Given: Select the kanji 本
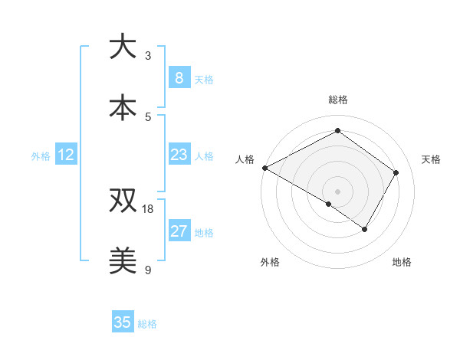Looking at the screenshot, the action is (123, 107).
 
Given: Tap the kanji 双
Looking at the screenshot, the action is (123, 201).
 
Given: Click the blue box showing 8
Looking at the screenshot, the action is (179, 78).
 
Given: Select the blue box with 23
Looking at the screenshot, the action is (179, 155).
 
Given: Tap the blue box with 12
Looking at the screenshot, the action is (66, 155).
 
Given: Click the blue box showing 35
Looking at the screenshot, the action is (123, 322).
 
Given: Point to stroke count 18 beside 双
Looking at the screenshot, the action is (148, 208).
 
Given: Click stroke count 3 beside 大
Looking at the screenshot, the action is (148, 55).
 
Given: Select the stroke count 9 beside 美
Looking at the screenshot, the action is (148, 270).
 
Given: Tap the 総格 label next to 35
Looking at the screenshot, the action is (147, 324).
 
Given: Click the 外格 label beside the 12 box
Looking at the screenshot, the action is (41, 156).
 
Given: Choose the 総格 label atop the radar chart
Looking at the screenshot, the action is (338, 100).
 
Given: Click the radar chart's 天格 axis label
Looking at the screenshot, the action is (432, 159).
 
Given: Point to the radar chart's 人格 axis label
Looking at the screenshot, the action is (245, 159).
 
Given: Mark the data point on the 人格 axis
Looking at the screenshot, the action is (264, 168).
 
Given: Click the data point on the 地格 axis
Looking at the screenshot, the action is (365, 229).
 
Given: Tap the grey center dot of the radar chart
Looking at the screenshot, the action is (337, 191).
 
